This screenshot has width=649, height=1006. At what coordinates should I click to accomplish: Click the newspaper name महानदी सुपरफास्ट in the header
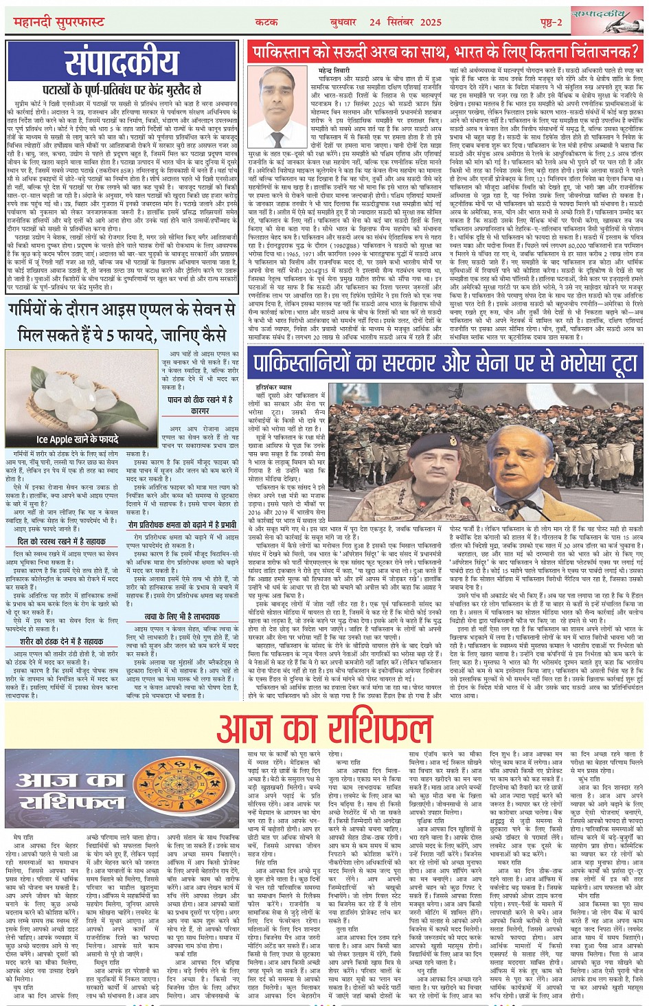[59, 23]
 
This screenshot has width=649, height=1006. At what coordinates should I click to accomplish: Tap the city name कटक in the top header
[266, 22]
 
